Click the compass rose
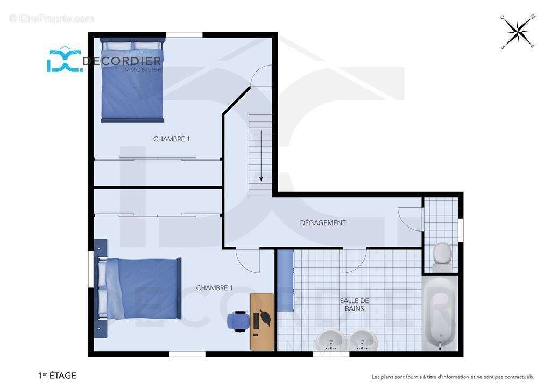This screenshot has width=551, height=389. pyautogui.click(x=518, y=32)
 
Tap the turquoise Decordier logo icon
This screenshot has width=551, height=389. pyautogui.click(x=65, y=60)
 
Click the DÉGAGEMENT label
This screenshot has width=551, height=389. pyautogui.click(x=323, y=223)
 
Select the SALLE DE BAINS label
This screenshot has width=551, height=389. pyautogui.click(x=354, y=305)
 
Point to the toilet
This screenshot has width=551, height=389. pyautogui.click(x=442, y=257)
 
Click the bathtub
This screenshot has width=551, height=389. pyautogui.click(x=440, y=313)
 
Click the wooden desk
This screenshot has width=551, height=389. pyautogui.click(x=262, y=322)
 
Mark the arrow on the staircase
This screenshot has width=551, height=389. pyautogui.click(x=261, y=156)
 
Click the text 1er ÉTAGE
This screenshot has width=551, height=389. pyautogui.click(x=57, y=376)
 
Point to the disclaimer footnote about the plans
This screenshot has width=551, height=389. pyautogui.click(x=453, y=377)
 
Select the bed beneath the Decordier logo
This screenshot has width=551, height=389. pyautogui.click(x=132, y=81)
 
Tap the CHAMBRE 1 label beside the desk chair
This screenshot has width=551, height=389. pyautogui.click(x=214, y=288)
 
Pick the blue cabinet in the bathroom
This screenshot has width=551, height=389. pyautogui.click(x=285, y=280)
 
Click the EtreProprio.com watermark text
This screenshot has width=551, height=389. pyautogui.click(x=52, y=18)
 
